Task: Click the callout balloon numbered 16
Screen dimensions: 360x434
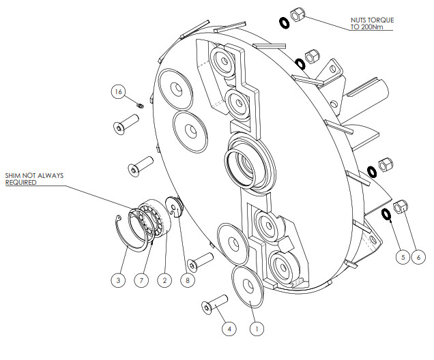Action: click(119, 91)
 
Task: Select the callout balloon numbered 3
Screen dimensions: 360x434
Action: click(119, 280)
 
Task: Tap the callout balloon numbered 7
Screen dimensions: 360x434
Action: click(141, 280)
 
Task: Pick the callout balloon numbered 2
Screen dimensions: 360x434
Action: click(164, 280)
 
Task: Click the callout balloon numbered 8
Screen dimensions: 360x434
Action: click(186, 280)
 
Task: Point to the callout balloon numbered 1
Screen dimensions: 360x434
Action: click(257, 329)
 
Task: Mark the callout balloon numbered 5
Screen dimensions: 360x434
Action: click(403, 257)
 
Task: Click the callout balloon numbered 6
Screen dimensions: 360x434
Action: click(420, 257)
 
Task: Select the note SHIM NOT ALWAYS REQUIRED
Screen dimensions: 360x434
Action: click(34, 179)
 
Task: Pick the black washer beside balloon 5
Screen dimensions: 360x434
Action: click(387, 214)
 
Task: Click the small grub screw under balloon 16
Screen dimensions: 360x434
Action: click(140, 105)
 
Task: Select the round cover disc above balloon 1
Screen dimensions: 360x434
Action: click(248, 287)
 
